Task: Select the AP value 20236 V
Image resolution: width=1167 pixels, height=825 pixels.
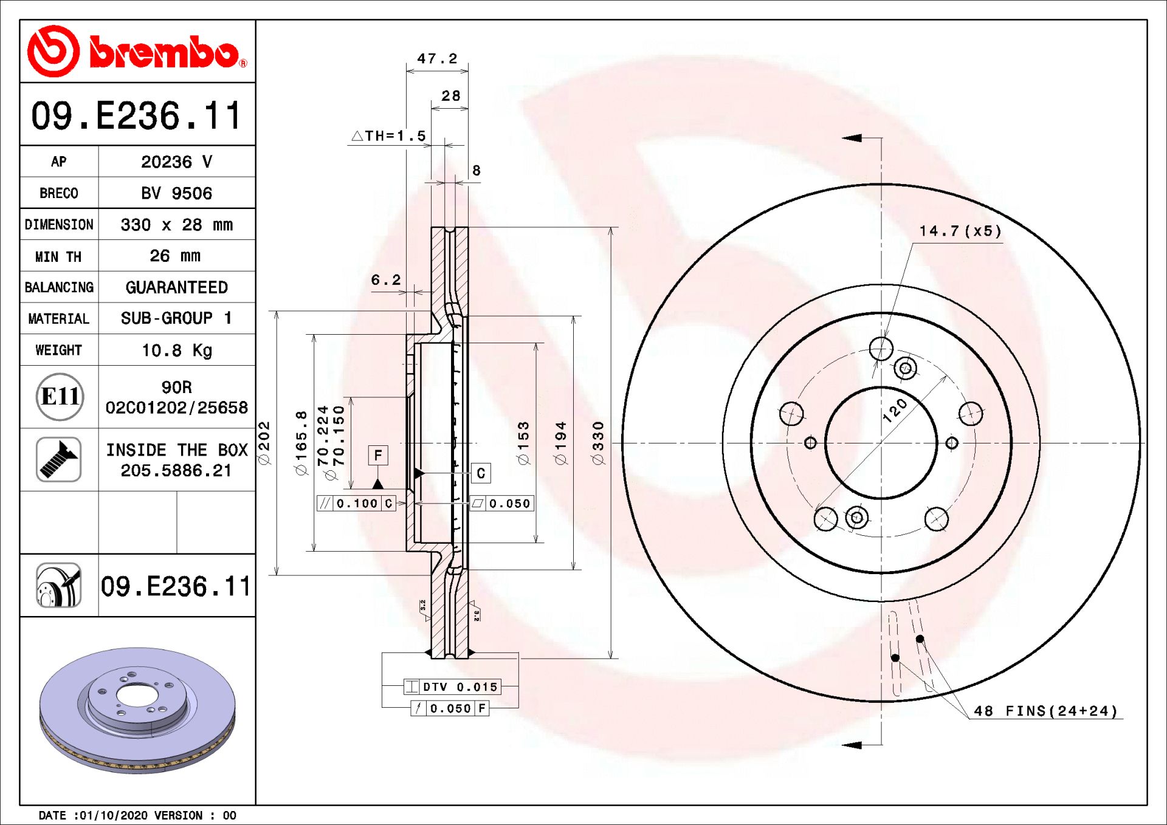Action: (176, 162)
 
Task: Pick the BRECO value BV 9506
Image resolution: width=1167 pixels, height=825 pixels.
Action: (176, 193)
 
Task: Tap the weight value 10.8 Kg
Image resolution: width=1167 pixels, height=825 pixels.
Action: (176, 351)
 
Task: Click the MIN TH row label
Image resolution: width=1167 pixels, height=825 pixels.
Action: (58, 256)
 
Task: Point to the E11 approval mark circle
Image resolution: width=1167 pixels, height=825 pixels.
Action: (60, 397)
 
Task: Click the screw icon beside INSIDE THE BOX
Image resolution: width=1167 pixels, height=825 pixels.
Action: (58, 459)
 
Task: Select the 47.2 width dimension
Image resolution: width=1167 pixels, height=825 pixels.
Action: (437, 58)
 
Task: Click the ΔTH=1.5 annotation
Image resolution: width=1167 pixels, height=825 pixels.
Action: (390, 135)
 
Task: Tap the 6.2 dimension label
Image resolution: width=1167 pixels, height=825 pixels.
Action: (386, 280)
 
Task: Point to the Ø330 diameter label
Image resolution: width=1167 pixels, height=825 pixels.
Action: (598, 443)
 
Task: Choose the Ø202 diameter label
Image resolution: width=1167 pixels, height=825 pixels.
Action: (264, 443)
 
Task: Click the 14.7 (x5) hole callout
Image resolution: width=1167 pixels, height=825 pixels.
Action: (960, 231)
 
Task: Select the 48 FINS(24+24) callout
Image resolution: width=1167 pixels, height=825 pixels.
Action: (1046, 711)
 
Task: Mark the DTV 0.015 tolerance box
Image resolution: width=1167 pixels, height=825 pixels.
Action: (453, 687)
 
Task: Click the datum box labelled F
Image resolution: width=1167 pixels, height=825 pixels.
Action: (378, 455)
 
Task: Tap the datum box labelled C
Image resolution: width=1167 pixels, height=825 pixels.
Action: (481, 473)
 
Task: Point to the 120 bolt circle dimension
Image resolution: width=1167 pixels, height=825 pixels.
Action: (895, 411)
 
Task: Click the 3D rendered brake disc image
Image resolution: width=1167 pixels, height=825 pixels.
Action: (137, 710)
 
